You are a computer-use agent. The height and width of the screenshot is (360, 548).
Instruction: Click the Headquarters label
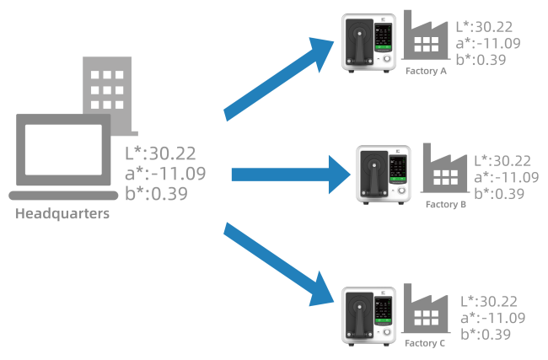click(62, 213)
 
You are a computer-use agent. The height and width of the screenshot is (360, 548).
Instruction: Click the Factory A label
click(426, 72)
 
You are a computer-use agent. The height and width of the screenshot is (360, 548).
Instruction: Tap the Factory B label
click(446, 204)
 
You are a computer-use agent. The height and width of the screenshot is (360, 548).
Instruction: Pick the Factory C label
click(425, 343)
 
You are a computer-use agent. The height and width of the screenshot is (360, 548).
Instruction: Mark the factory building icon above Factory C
click(425, 312)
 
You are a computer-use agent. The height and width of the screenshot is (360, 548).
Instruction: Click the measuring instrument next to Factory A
click(368, 43)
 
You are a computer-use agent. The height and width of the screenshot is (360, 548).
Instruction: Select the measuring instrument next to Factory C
click(368, 315)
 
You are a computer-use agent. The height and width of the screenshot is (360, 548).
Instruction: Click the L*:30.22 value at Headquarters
click(160, 153)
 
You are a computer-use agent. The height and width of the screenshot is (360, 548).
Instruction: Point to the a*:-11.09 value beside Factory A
click(487, 42)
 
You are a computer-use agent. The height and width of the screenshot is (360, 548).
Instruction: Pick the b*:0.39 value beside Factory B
click(499, 194)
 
